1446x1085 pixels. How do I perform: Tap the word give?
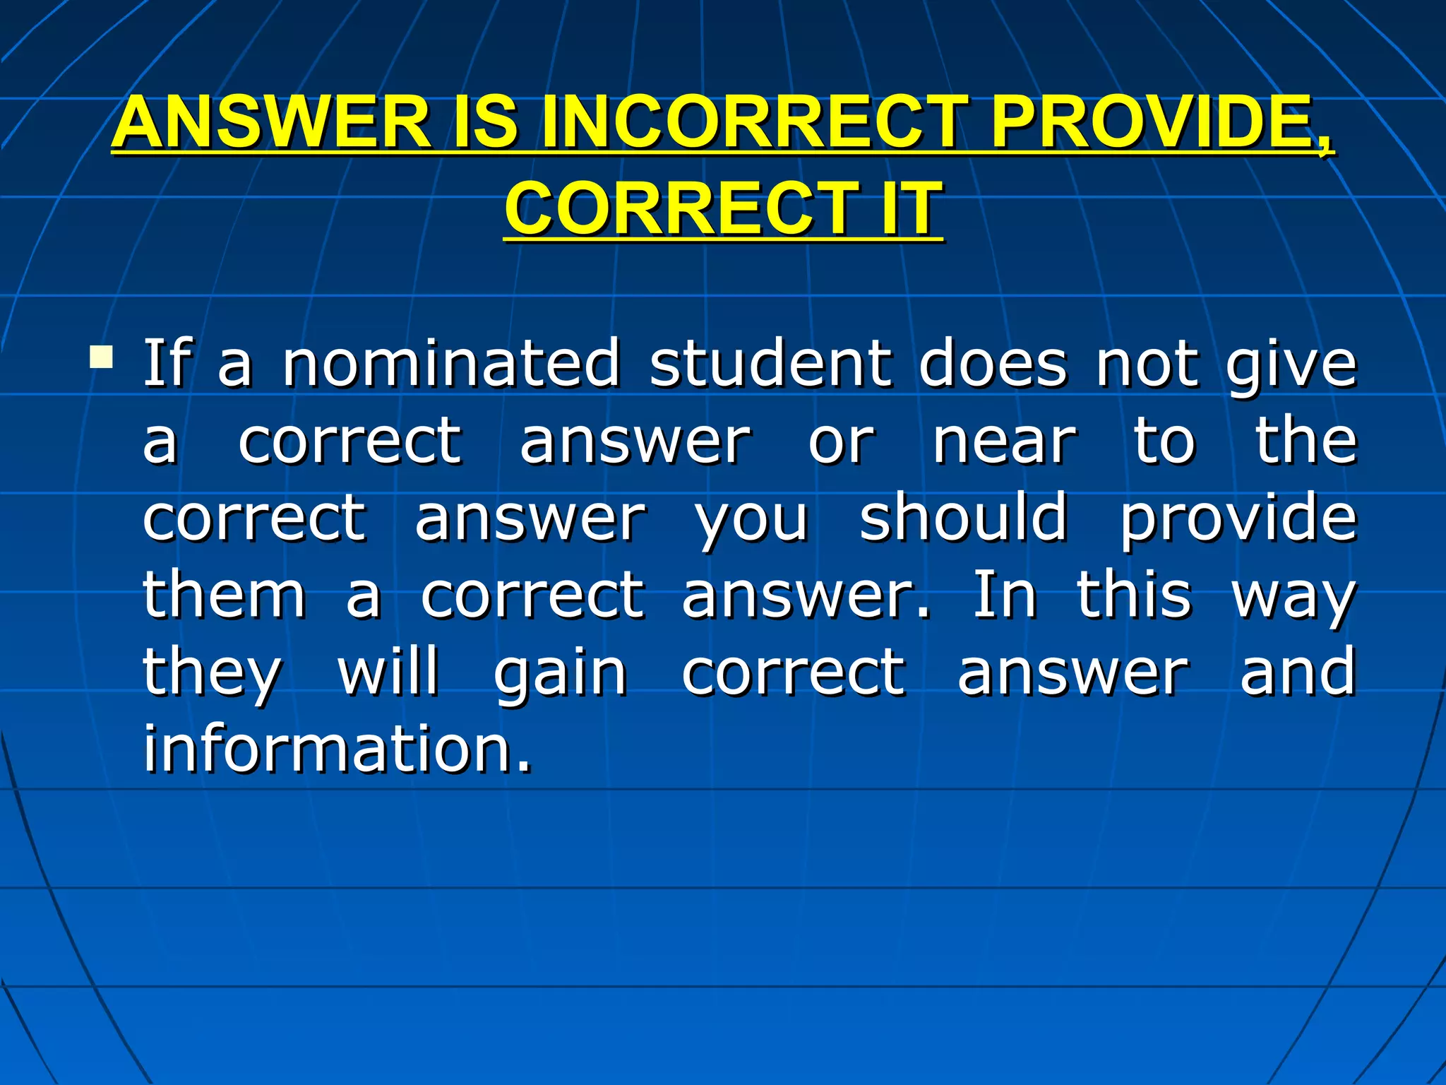(x=1291, y=366)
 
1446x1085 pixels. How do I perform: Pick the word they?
(x=212, y=675)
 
